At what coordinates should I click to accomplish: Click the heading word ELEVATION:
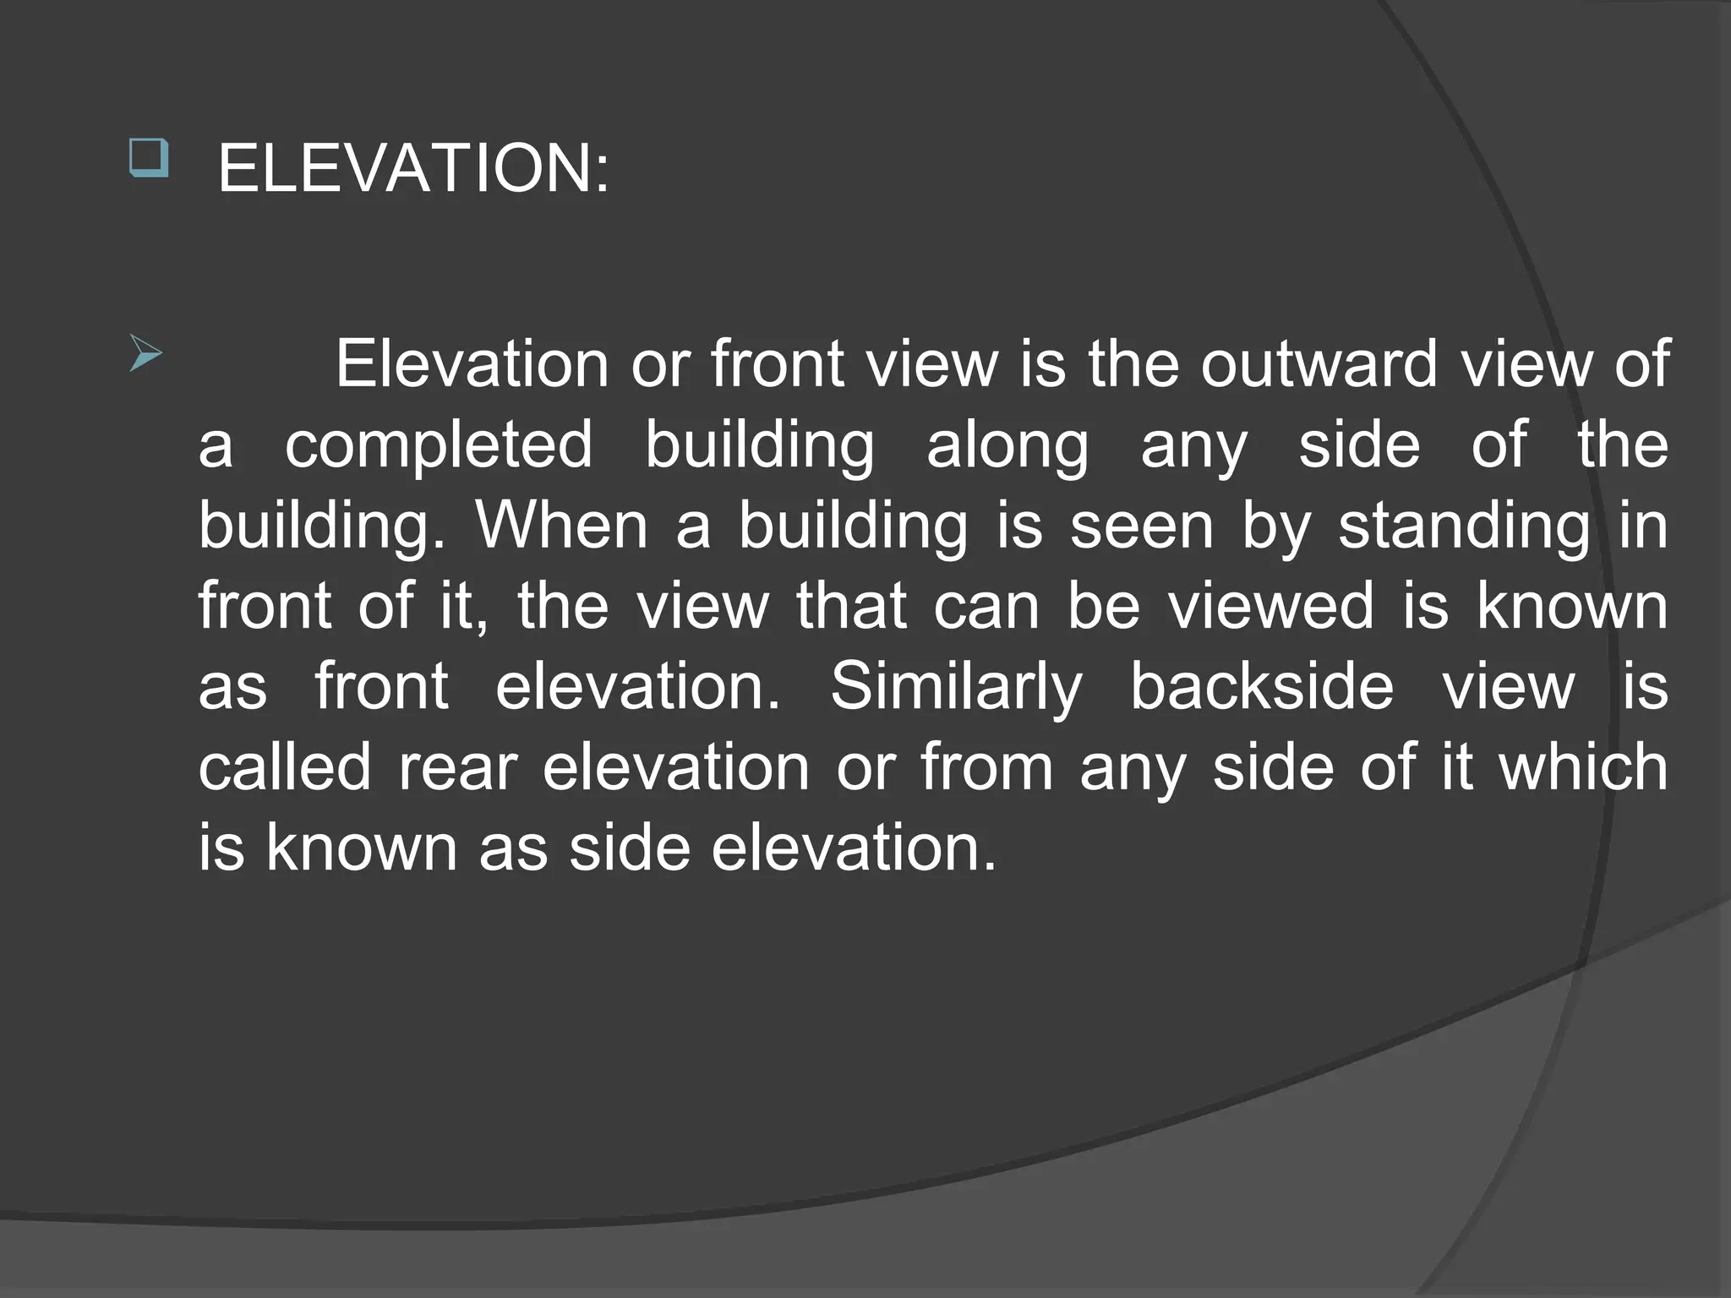(412, 169)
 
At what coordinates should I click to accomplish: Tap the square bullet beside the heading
(149, 158)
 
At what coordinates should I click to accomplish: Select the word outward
(1319, 363)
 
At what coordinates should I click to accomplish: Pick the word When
(562, 526)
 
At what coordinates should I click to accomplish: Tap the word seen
(1142, 526)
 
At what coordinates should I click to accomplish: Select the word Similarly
(956, 686)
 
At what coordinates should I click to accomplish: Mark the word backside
(1262, 686)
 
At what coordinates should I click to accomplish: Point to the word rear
(457, 767)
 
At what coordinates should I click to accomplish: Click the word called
(285, 767)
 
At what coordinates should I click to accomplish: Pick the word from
(987, 767)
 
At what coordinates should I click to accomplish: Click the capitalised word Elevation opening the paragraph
(472, 363)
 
